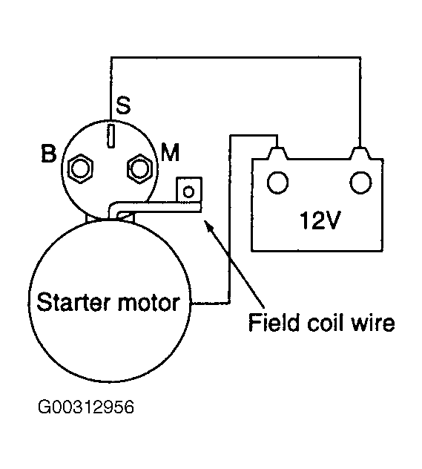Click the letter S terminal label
click(x=123, y=105)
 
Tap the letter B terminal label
click(x=48, y=154)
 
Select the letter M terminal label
click(x=170, y=152)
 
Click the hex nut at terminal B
click(x=80, y=168)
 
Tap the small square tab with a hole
click(x=189, y=191)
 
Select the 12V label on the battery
click(x=320, y=220)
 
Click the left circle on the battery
click(x=277, y=182)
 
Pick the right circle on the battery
click(x=360, y=182)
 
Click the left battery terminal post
click(x=278, y=153)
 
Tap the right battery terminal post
click(x=360, y=153)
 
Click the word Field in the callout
click(x=274, y=322)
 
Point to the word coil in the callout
click(x=325, y=322)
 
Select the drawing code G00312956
click(x=86, y=407)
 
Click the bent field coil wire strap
click(x=156, y=206)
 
